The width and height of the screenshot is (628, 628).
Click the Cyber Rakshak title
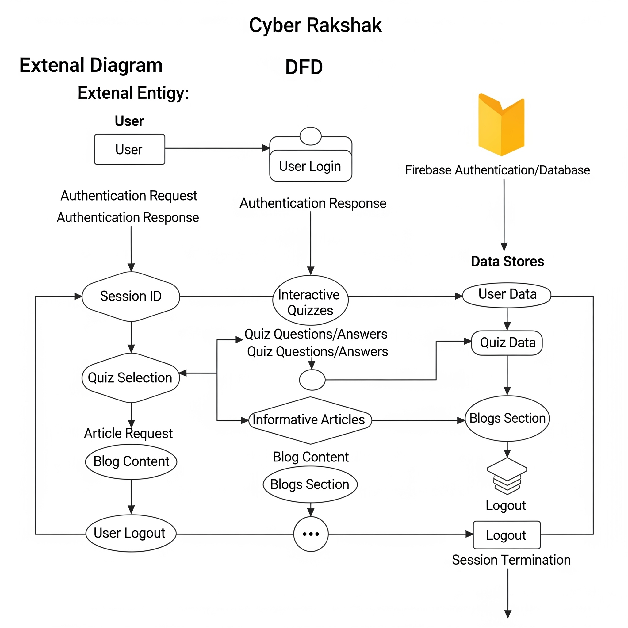[x=315, y=25]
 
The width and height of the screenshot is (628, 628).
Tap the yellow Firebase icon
[x=501, y=125]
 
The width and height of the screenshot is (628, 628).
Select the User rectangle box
[x=129, y=150]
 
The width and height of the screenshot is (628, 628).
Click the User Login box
[x=310, y=166]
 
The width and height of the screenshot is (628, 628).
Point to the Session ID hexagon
[x=131, y=296]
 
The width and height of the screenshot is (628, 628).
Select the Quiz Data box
[x=507, y=343]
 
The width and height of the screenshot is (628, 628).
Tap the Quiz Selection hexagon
[x=130, y=378]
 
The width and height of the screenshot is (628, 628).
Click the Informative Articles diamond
[x=310, y=420]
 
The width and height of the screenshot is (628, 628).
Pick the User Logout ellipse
[x=131, y=534]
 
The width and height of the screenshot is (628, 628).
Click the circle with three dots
[x=311, y=534]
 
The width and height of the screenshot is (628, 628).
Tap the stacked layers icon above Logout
[x=507, y=476]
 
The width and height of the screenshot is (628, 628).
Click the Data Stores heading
[x=507, y=261]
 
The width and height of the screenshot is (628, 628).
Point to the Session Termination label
[x=511, y=560]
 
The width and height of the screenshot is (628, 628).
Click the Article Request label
[x=128, y=434]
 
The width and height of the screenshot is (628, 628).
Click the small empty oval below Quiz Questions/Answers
[x=312, y=380]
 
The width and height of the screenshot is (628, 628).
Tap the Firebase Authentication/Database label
[x=497, y=170]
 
